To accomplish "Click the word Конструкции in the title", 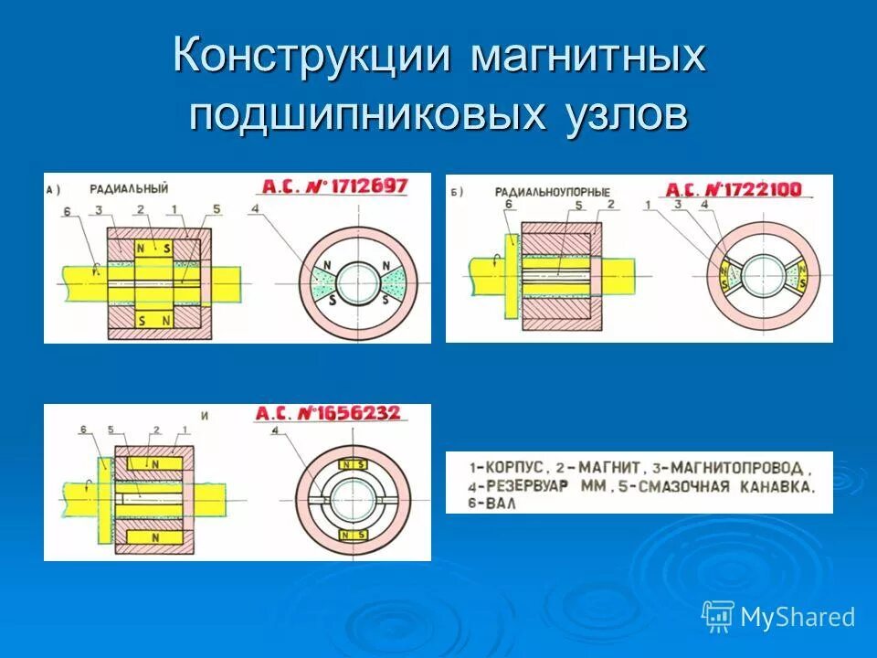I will [x=312, y=58].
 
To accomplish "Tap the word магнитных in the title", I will [x=588, y=58].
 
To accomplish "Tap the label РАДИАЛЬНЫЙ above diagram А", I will [x=129, y=189].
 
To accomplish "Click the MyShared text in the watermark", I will [x=798, y=618].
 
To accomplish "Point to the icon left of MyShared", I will [x=717, y=617].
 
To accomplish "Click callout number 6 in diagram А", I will [x=66, y=212].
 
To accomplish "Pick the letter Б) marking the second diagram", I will [x=457, y=191].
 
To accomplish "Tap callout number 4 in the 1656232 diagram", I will [x=274, y=430].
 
